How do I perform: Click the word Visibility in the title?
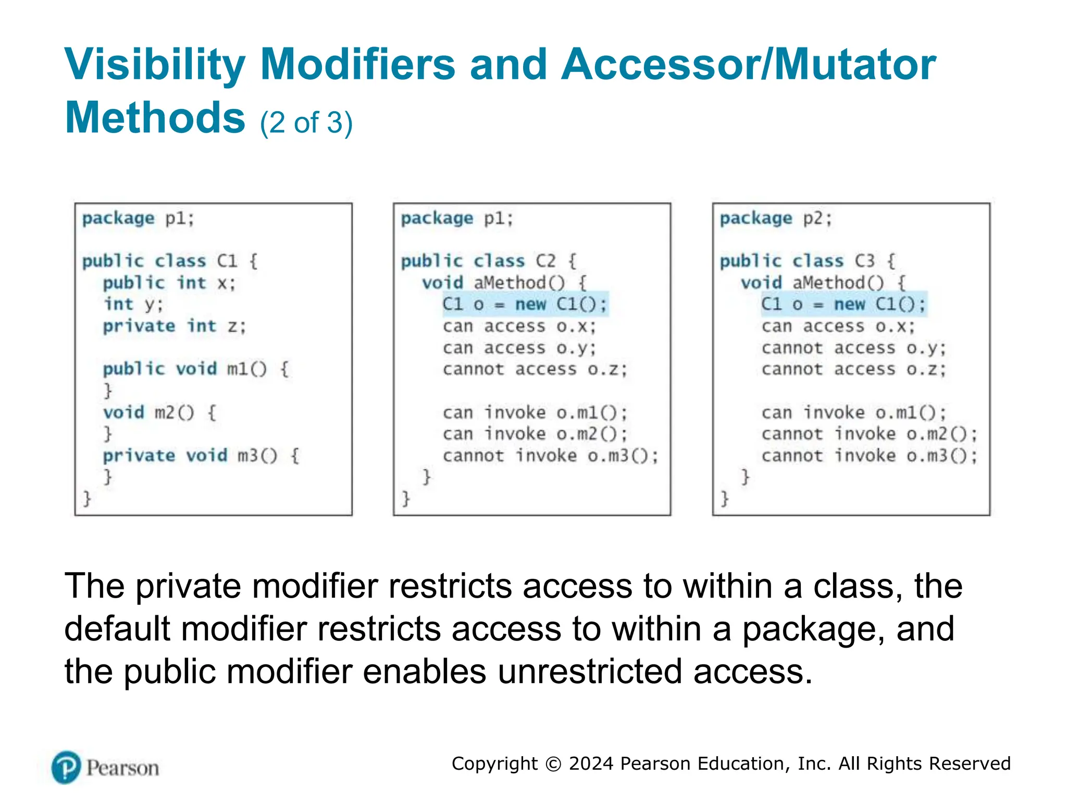pyautogui.click(x=155, y=65)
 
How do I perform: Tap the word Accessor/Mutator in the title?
pyautogui.click(x=748, y=65)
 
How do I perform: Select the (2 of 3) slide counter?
pyautogui.click(x=306, y=123)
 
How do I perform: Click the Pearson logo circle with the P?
pyautogui.click(x=66, y=767)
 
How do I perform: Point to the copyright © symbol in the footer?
pyautogui.click(x=553, y=764)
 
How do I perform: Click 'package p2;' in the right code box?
pyautogui.click(x=776, y=218)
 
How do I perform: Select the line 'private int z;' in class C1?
pyautogui.click(x=174, y=326)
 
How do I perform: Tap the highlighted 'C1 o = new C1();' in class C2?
pyautogui.click(x=525, y=304)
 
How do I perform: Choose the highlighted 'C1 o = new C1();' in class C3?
pyautogui.click(x=843, y=304)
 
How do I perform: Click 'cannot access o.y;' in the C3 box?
pyautogui.click(x=853, y=348)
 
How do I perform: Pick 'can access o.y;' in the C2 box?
pyautogui.click(x=519, y=348)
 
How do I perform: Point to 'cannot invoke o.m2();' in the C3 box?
pyautogui.click(x=869, y=434)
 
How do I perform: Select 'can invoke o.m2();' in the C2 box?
pyautogui.click(x=535, y=434)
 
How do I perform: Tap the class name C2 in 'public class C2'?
pyautogui.click(x=545, y=261)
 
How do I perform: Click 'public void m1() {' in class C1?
pyautogui.click(x=195, y=369)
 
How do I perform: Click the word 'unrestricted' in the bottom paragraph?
pyautogui.click(x=589, y=672)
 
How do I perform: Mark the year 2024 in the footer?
pyautogui.click(x=591, y=764)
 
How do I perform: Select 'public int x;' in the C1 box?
pyautogui.click(x=169, y=283)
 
